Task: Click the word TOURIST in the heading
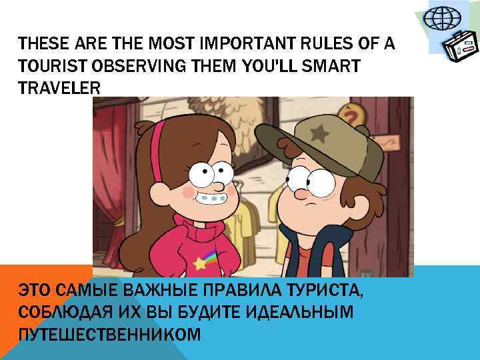click(x=48, y=67)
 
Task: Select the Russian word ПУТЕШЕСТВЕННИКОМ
click(x=109, y=333)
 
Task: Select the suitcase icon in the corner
click(x=460, y=48)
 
